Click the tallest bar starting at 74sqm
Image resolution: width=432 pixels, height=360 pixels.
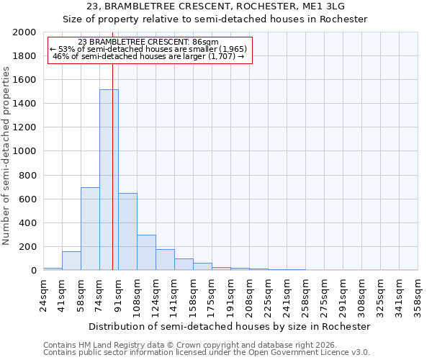click(x=109, y=180)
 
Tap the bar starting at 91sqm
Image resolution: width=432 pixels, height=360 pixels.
click(x=127, y=232)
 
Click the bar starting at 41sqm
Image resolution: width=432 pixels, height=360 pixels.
click(x=71, y=261)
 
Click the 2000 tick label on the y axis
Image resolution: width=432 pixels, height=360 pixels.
click(x=25, y=32)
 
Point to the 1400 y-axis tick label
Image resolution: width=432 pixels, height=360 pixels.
click(x=25, y=104)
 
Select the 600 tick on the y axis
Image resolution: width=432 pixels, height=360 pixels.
click(x=28, y=199)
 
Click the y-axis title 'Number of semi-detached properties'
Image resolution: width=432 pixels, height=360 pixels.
click(x=7, y=156)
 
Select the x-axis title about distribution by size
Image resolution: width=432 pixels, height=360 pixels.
click(x=230, y=326)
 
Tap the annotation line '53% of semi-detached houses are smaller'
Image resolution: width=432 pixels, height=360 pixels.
click(x=150, y=49)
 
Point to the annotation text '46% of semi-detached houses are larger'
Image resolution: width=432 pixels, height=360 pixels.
click(x=150, y=56)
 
